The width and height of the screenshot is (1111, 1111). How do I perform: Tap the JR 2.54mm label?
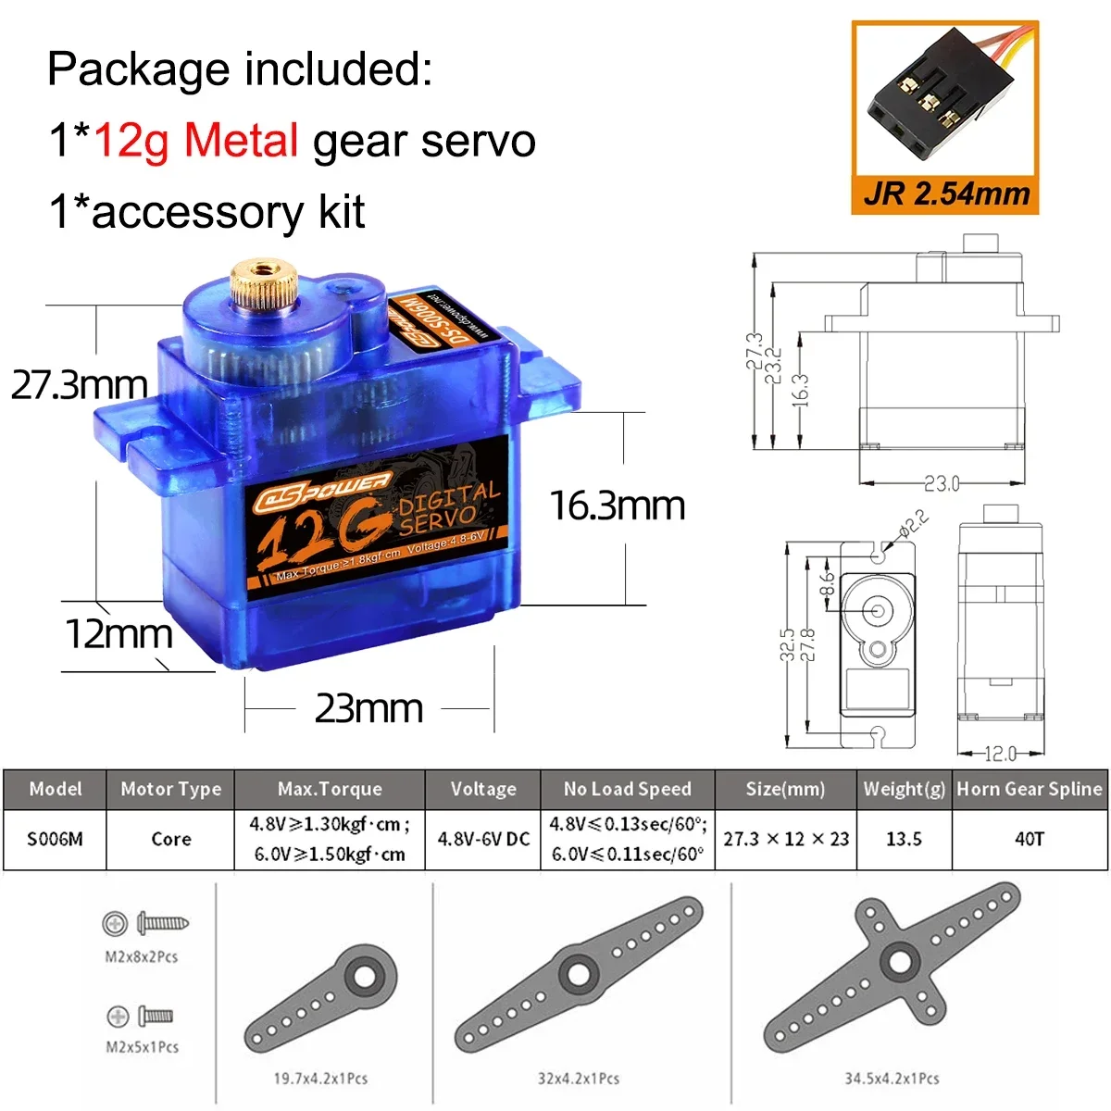coord(945,193)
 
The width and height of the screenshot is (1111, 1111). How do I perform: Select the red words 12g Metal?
coord(196,141)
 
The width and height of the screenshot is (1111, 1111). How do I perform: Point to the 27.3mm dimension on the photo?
coord(80,385)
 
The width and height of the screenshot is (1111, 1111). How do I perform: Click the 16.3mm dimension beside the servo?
coord(617,506)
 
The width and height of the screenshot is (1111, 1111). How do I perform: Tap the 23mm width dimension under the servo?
coord(368,709)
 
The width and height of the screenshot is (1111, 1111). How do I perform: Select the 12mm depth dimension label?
coord(119,634)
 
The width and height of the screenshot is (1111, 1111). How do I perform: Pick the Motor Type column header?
coord(170,790)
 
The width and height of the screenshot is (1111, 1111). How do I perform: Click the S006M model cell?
coord(55,840)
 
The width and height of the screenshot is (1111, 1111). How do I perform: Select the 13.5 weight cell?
coord(904,840)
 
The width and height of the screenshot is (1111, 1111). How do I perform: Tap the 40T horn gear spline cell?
coord(1029,840)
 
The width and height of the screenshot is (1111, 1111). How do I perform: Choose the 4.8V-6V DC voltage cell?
coord(482,840)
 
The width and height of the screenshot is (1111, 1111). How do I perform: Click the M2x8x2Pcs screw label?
coord(141,956)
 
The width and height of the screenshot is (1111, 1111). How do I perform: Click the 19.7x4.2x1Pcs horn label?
coord(320,1079)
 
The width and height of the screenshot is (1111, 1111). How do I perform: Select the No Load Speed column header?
coord(627,790)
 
